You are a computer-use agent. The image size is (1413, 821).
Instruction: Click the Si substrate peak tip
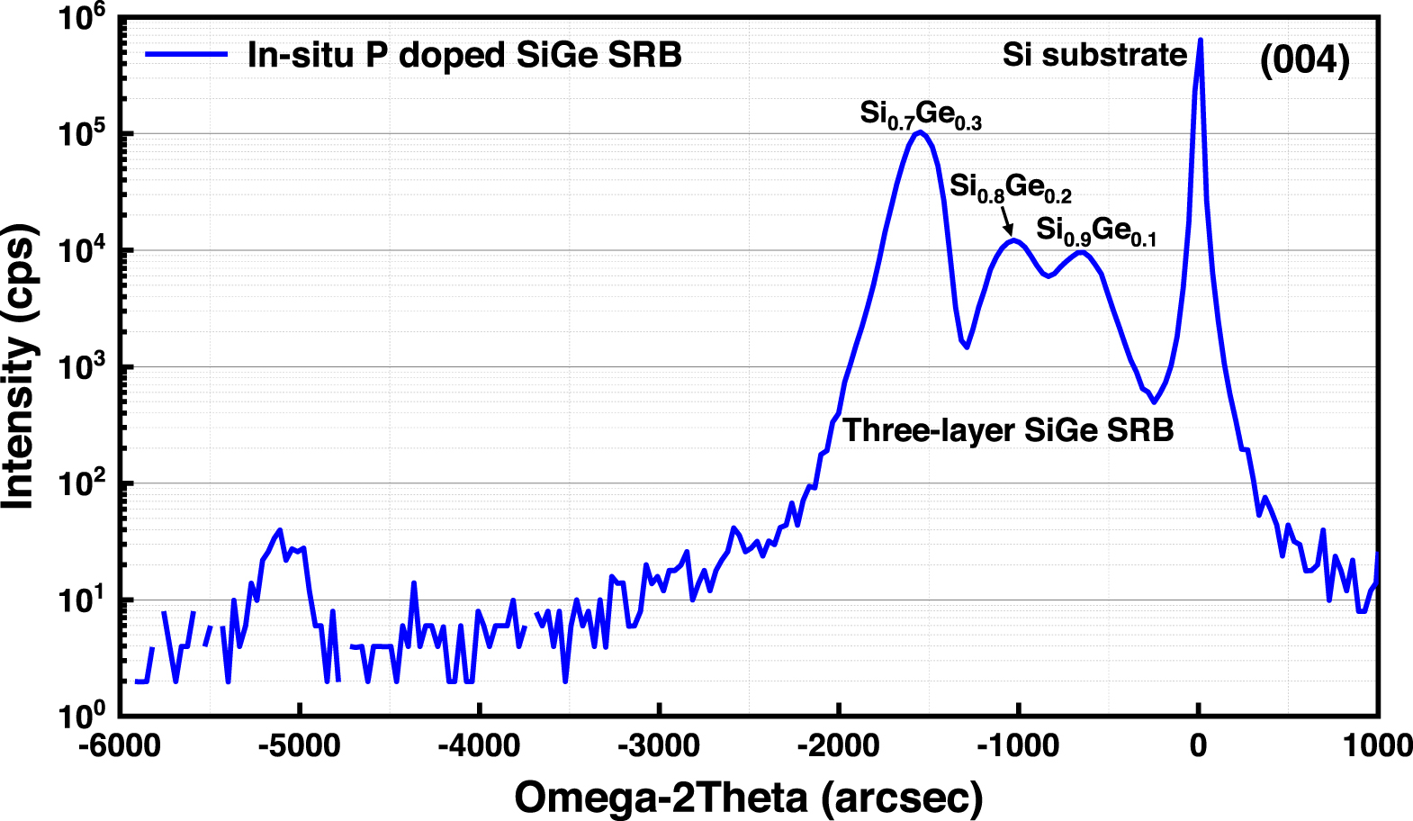click(1200, 41)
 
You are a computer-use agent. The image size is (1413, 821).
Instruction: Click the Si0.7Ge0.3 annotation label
click(920, 114)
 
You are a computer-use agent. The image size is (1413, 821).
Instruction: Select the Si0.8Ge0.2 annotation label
click(1010, 187)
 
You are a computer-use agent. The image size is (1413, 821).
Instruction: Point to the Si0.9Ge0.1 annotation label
click(1095, 230)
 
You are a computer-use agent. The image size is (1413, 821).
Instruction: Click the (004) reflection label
click(1304, 60)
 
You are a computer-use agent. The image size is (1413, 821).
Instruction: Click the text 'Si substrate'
click(1094, 55)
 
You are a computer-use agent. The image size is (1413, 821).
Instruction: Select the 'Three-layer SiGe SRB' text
click(1008, 430)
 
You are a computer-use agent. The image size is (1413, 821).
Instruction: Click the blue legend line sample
click(186, 55)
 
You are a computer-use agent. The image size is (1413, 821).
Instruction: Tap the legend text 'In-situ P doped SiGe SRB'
click(464, 55)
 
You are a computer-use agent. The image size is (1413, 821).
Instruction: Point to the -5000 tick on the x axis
click(299, 745)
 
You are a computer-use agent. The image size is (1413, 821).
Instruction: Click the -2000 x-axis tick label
click(839, 745)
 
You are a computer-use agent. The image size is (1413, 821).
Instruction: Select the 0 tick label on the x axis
click(1198, 745)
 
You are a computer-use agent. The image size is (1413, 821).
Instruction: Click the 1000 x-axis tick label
click(1378, 745)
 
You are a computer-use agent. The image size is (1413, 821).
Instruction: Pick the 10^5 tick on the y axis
click(82, 132)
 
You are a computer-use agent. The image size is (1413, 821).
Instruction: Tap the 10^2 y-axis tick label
click(82, 483)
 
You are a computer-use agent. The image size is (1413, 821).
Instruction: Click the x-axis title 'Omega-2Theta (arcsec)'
click(748, 797)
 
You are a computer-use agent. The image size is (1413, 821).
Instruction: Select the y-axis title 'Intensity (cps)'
click(20, 365)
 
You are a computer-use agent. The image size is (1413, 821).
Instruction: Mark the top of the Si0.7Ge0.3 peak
click(919, 132)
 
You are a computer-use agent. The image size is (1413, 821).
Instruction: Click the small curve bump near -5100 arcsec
click(280, 530)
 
